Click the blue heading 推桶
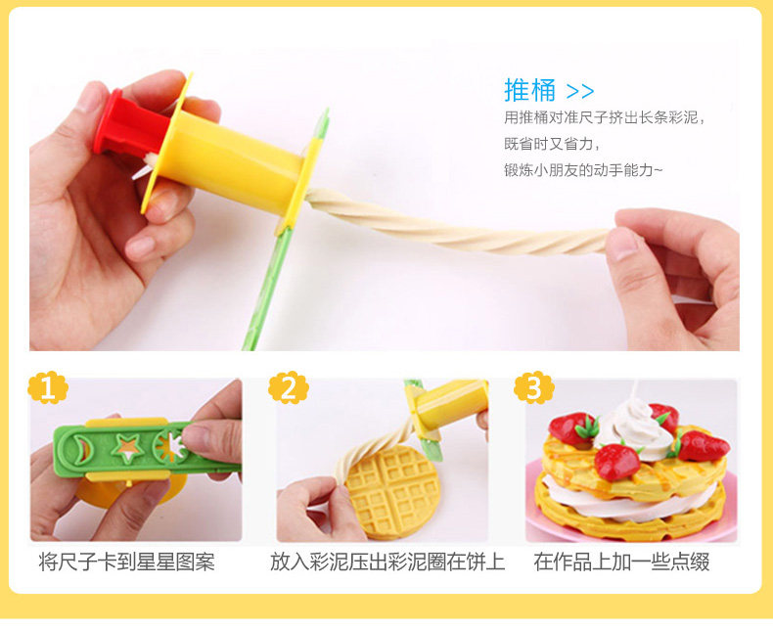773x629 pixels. pyautogui.click(x=529, y=90)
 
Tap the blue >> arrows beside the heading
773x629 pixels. pyautogui.click(x=580, y=91)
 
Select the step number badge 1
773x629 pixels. pyautogui.click(x=48, y=388)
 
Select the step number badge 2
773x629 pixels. pyautogui.click(x=289, y=388)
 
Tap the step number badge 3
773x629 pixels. pyautogui.click(x=534, y=388)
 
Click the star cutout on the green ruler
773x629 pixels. pyautogui.click(x=127, y=448)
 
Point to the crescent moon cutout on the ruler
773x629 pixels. pyautogui.click(x=80, y=448)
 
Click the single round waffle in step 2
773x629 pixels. pyautogui.click(x=392, y=491)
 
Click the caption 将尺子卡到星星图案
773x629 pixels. pyautogui.click(x=126, y=562)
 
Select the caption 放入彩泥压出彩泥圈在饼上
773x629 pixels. pyautogui.click(x=387, y=562)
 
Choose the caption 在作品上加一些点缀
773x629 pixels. pyautogui.click(x=621, y=562)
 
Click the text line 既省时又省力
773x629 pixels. pyautogui.click(x=552, y=144)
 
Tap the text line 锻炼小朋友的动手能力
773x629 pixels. pyautogui.click(x=583, y=170)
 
